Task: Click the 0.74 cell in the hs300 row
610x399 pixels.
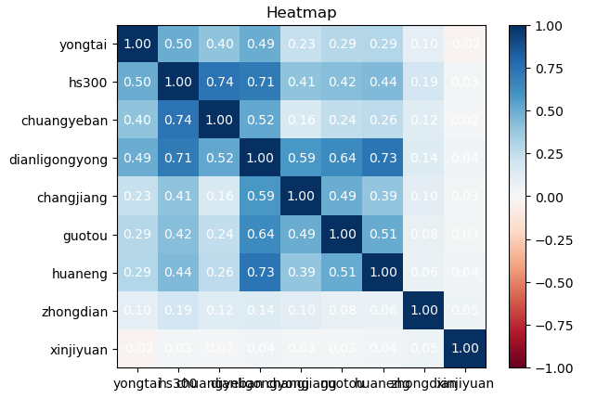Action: (219, 83)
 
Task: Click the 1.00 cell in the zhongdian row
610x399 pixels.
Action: (423, 311)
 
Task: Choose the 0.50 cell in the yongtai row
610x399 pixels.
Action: (178, 45)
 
